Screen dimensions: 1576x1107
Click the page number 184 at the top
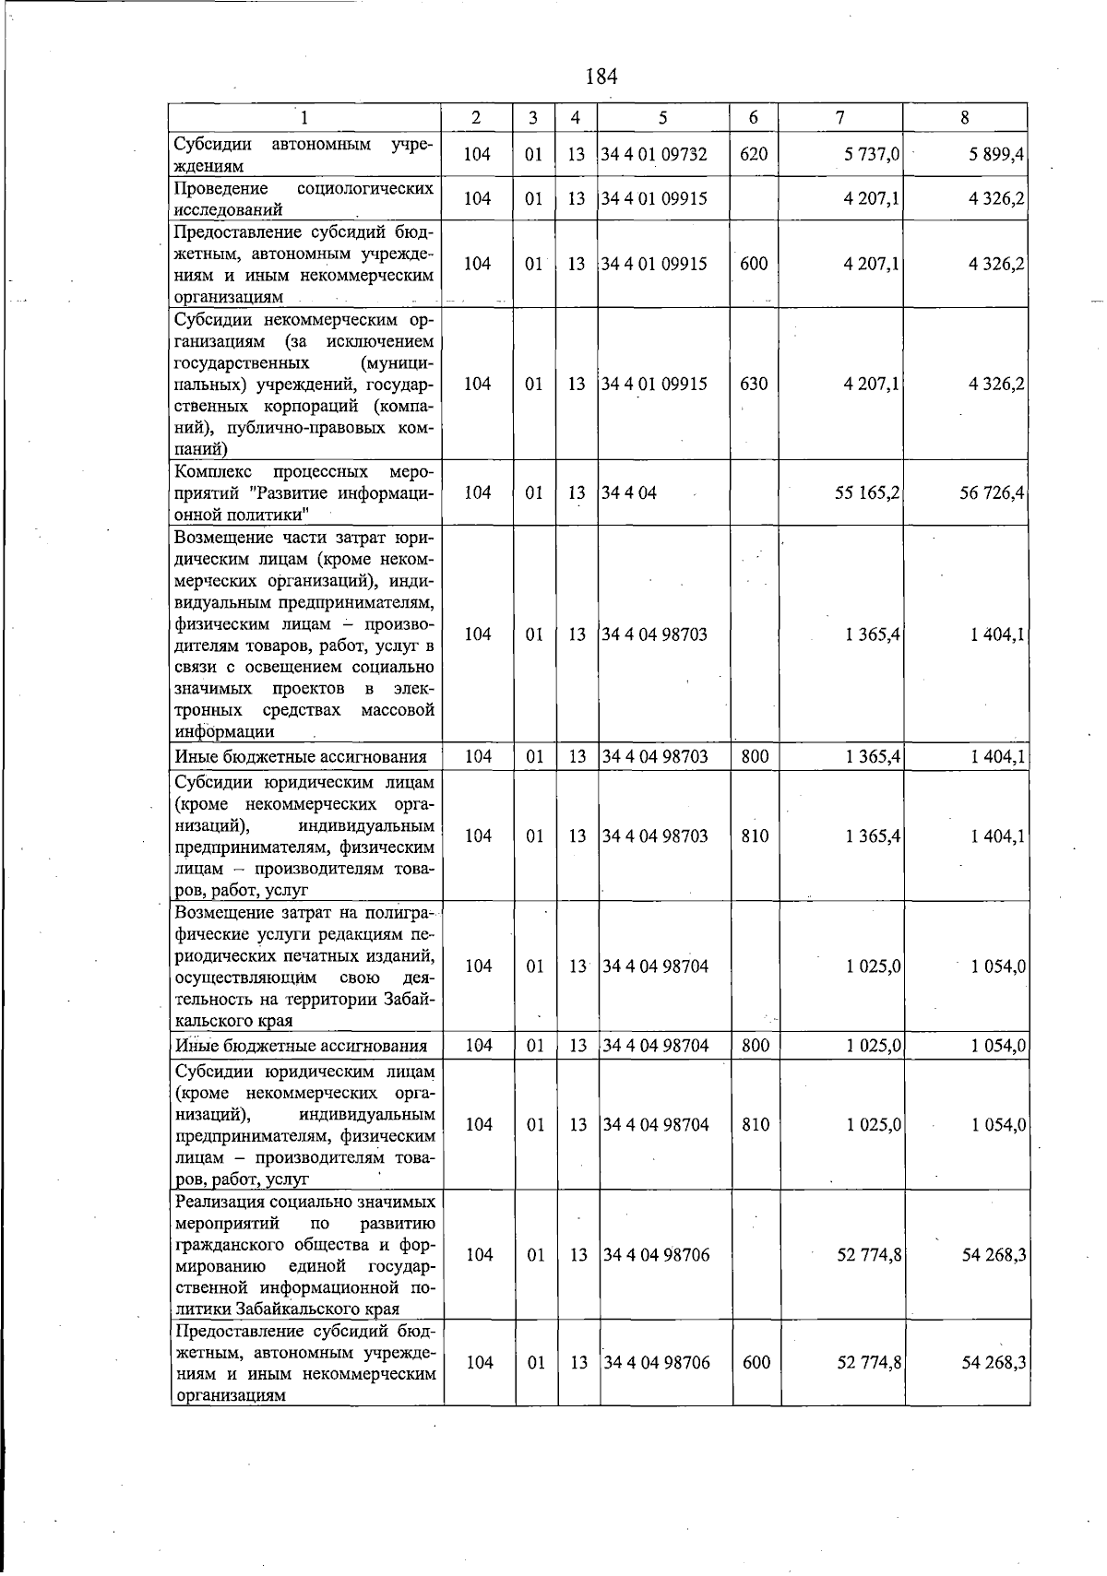pos(601,77)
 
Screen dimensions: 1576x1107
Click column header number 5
pos(662,117)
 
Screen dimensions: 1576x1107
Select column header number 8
pos(964,117)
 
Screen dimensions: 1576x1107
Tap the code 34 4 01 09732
pos(654,155)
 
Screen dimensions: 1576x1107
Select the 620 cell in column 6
pos(754,155)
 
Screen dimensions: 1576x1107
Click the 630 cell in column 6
pos(754,384)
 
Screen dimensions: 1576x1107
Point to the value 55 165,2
pos(867,493)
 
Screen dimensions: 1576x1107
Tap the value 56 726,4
pos(993,493)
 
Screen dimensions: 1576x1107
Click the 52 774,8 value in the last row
pos(868,1363)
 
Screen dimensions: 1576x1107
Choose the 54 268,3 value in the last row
pos(994,1363)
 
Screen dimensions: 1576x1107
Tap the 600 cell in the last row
pos(756,1363)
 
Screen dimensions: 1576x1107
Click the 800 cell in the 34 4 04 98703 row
pos(755,757)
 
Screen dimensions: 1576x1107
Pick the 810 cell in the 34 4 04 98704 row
pos(755,1125)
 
